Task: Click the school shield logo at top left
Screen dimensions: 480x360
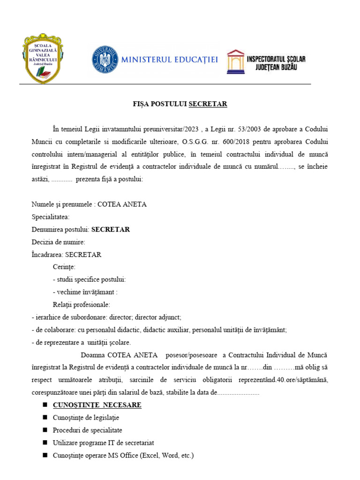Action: click(x=43, y=58)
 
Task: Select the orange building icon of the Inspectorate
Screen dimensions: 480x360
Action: click(x=236, y=61)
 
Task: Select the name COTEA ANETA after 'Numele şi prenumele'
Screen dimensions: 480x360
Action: click(x=122, y=204)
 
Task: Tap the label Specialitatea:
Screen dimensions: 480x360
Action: click(x=51, y=217)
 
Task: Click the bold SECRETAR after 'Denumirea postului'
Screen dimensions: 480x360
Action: click(x=111, y=230)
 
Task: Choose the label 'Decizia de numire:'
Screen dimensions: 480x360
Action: click(x=59, y=242)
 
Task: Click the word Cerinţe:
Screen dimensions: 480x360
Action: click(x=64, y=267)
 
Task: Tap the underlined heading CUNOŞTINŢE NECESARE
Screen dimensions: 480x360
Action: click(x=97, y=405)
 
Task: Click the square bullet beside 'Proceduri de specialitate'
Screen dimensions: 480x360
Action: click(x=45, y=430)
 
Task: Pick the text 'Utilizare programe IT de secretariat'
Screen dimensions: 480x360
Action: click(x=104, y=442)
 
